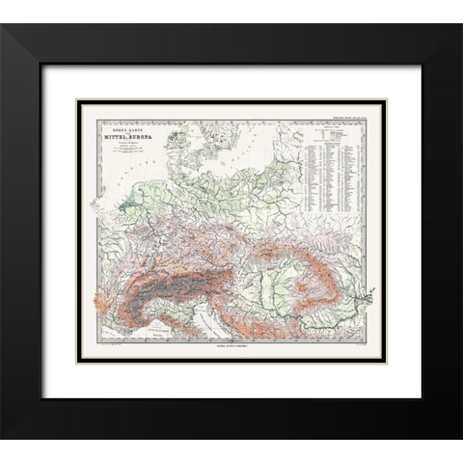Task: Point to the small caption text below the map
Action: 231,341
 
